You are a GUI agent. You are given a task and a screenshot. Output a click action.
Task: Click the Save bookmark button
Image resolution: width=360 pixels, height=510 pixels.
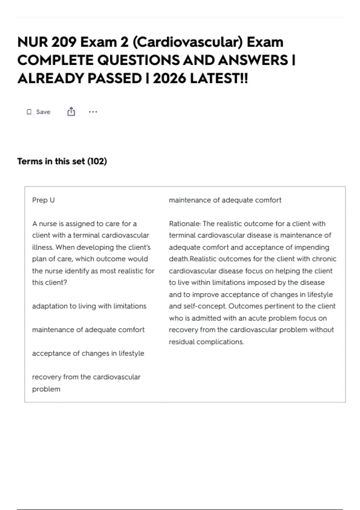[38, 112]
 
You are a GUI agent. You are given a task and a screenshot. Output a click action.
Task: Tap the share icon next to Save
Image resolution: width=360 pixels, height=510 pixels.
[71, 112]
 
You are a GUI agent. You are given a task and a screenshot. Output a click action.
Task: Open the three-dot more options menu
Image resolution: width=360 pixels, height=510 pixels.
[93, 112]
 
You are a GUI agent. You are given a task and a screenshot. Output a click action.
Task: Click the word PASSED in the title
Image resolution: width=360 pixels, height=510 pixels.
[115, 79]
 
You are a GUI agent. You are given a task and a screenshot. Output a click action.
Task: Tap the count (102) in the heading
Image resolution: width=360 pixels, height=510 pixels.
[97, 161]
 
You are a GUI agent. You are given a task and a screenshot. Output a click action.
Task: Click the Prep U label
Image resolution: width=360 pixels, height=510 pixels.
[43, 200]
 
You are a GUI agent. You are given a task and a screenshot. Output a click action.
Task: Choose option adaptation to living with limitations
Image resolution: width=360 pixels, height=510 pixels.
[89, 306]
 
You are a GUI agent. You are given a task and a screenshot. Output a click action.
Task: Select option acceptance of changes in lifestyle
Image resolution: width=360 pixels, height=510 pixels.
[88, 353]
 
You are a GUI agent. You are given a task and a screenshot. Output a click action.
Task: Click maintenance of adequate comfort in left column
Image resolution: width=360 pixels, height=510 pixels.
[88, 330]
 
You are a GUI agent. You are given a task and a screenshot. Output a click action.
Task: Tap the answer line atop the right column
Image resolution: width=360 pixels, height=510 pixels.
[225, 200]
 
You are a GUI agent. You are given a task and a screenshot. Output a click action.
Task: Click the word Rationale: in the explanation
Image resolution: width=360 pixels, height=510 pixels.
[185, 224]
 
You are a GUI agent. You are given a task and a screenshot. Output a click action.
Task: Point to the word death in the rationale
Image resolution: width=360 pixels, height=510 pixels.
[178, 259]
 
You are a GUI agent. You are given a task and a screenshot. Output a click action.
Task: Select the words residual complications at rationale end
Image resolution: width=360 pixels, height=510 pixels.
[206, 342]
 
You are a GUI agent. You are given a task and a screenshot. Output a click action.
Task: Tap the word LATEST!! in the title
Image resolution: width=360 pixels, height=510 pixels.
[219, 79]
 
